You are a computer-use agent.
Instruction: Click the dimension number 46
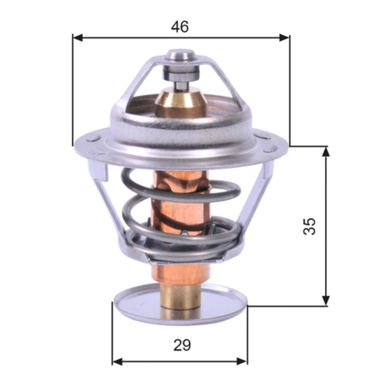click(180, 26)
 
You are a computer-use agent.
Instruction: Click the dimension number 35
click(310, 226)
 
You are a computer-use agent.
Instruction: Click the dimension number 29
click(182, 345)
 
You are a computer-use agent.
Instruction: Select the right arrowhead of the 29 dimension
click(242, 361)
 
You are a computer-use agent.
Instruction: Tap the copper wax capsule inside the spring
click(180, 207)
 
